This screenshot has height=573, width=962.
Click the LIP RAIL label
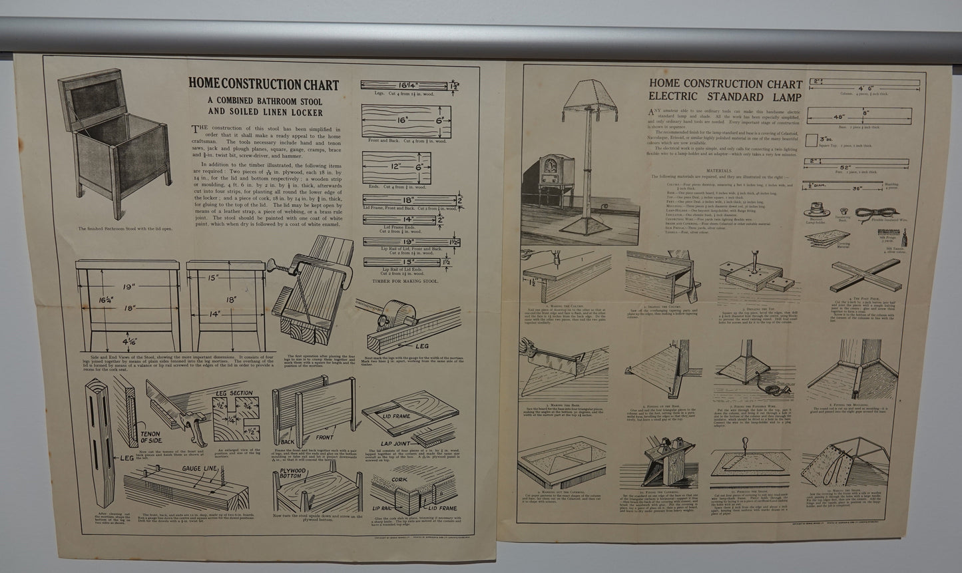pyautogui.click(x=383, y=508)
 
